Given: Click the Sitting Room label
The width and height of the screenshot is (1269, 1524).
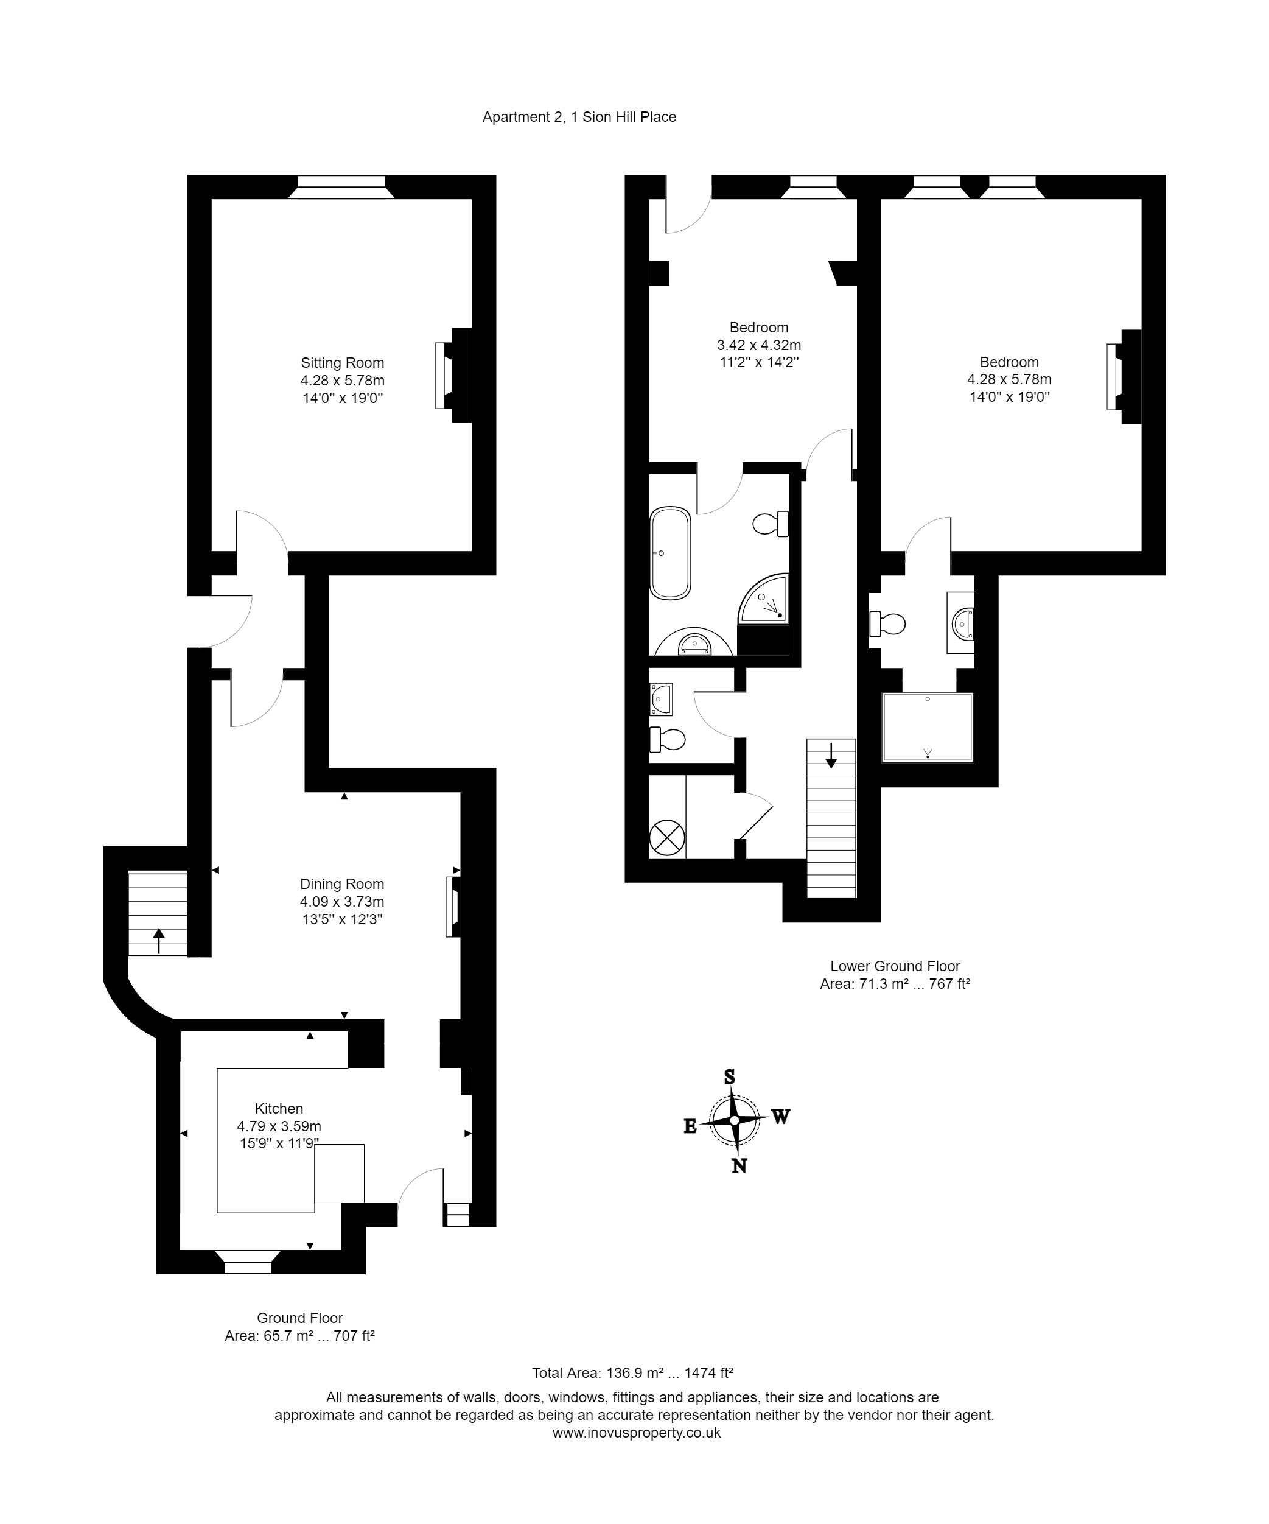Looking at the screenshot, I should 343,363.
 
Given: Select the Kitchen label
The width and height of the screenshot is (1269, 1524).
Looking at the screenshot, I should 279,1109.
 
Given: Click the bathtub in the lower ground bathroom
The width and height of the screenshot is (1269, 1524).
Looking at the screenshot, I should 669,553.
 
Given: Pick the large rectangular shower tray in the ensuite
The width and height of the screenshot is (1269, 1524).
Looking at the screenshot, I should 928,727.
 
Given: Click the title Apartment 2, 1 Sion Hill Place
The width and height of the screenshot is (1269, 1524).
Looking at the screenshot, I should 579,117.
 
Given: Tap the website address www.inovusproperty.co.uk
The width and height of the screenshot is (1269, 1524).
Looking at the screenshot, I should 636,1433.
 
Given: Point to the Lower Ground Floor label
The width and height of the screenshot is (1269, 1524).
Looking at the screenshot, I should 895,966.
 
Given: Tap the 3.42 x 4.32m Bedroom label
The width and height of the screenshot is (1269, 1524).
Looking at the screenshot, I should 759,345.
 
